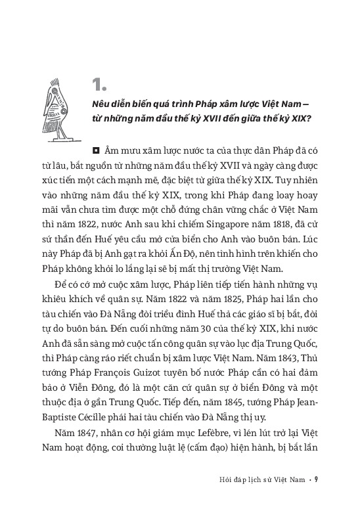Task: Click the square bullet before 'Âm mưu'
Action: click(x=96, y=150)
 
